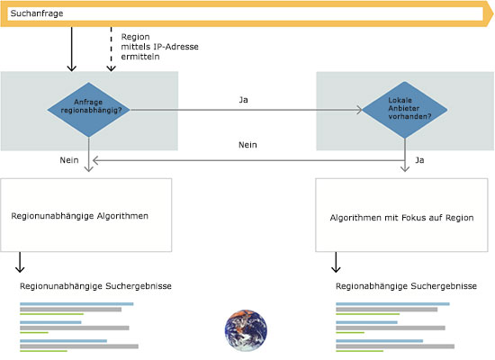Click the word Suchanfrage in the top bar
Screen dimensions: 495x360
pyautogui.click(x=37, y=13)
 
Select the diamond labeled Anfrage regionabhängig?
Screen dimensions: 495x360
pyautogui.click(x=89, y=110)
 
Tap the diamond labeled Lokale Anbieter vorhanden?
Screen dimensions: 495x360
pyautogui.click(x=405, y=110)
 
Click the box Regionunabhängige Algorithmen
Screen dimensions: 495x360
pyautogui.click(x=86, y=215)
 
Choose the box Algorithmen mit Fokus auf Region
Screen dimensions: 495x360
pyautogui.click(x=401, y=215)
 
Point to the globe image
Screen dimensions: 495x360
pyautogui.click(x=246, y=330)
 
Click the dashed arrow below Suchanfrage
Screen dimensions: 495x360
pyautogui.click(x=111, y=49)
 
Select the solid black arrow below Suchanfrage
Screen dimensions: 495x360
pyautogui.click(x=72, y=49)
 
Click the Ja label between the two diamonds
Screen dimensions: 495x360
pyautogui.click(x=243, y=100)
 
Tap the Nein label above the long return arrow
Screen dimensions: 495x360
pyautogui.click(x=247, y=145)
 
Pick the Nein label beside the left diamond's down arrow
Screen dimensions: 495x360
pyautogui.click(x=69, y=160)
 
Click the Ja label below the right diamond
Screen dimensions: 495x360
pyautogui.click(x=419, y=160)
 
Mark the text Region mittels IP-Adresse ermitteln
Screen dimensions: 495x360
pyautogui.click(x=159, y=47)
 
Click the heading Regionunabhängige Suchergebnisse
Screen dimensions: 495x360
pyautogui.click(x=95, y=286)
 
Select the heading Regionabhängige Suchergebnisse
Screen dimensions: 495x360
pyautogui.click(x=406, y=286)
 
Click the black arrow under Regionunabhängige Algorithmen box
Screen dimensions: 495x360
pyautogui.click(x=20, y=262)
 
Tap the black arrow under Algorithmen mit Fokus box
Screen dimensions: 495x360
pyautogui.click(x=336, y=262)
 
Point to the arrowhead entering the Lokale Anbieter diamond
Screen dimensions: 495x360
pyautogui.click(x=359, y=110)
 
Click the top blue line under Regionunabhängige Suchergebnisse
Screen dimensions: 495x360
pyautogui.click(x=76, y=304)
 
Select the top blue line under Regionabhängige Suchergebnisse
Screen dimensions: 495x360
pyautogui.click(x=392, y=304)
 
